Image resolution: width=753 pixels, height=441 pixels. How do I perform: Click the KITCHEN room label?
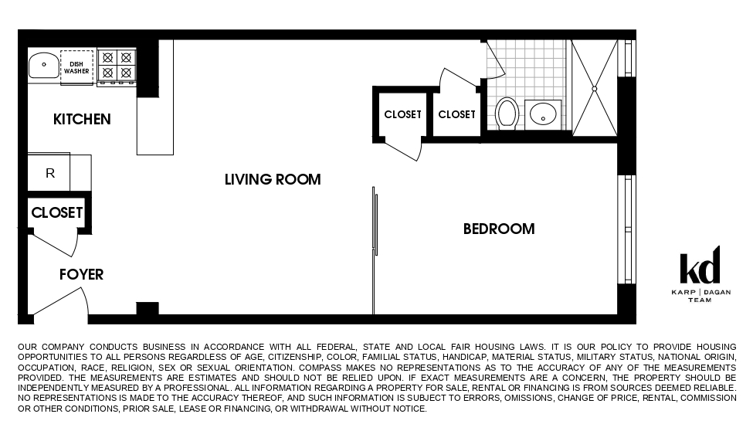click(x=82, y=120)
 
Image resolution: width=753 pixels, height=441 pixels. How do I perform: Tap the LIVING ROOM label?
click(x=273, y=180)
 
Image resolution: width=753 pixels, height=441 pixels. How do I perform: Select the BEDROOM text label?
click(x=498, y=229)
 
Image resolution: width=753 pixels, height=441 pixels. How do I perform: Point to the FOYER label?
click(x=81, y=275)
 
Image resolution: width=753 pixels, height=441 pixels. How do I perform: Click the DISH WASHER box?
click(x=76, y=66)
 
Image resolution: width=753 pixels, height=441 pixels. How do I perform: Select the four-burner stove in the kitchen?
click(x=116, y=65)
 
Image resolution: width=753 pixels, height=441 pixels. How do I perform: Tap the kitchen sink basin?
click(x=44, y=65)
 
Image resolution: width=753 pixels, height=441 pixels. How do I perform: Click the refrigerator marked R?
click(x=50, y=174)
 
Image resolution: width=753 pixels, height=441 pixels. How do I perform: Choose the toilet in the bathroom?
click(x=507, y=113)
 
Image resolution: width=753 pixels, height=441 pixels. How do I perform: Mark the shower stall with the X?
click(x=594, y=89)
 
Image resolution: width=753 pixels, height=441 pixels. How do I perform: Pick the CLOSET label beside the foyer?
click(x=56, y=212)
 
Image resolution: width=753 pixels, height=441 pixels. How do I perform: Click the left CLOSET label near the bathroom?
click(x=402, y=115)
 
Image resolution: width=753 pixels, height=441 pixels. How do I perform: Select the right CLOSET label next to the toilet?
click(x=456, y=115)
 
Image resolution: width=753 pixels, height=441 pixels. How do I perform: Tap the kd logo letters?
click(x=700, y=266)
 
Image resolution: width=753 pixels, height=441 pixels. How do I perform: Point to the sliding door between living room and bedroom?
click(x=375, y=224)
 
